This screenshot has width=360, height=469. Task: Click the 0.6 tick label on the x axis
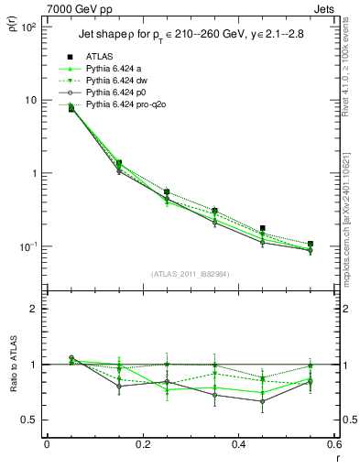[x=335, y=444]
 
